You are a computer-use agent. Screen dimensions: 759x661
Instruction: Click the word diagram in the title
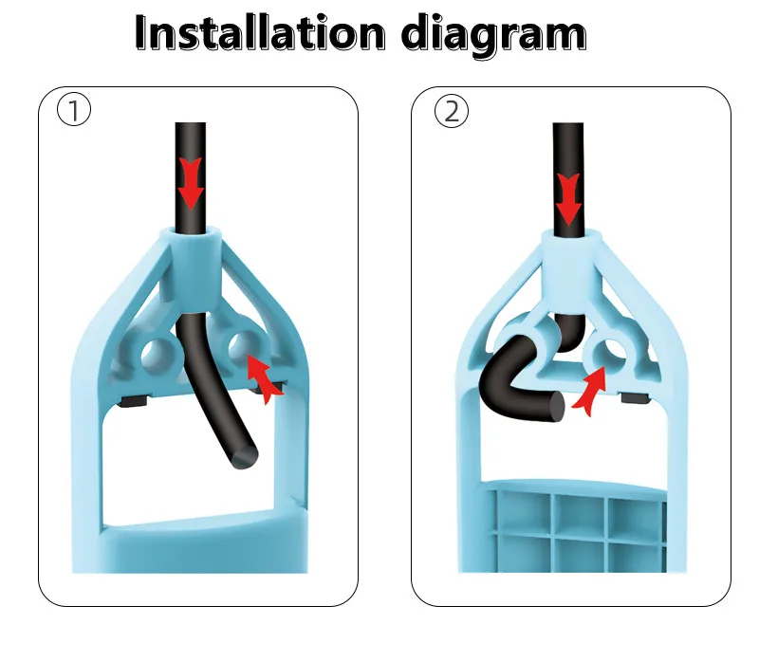(x=493, y=35)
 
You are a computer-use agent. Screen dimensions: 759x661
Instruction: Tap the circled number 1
(x=74, y=110)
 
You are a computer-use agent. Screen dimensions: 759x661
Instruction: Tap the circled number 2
(x=452, y=111)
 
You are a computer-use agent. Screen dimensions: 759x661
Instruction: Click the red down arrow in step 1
(x=191, y=183)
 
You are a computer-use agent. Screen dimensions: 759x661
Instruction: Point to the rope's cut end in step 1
(x=245, y=456)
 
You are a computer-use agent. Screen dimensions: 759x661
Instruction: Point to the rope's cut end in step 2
(x=557, y=407)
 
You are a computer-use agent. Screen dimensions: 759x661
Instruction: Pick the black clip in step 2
(x=636, y=397)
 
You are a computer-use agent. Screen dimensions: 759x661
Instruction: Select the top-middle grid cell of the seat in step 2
(x=580, y=512)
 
